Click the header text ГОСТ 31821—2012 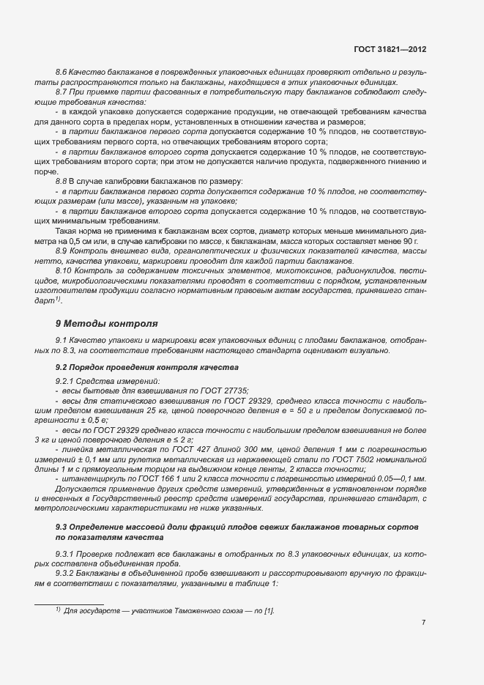389,50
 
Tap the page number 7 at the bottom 423,623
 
